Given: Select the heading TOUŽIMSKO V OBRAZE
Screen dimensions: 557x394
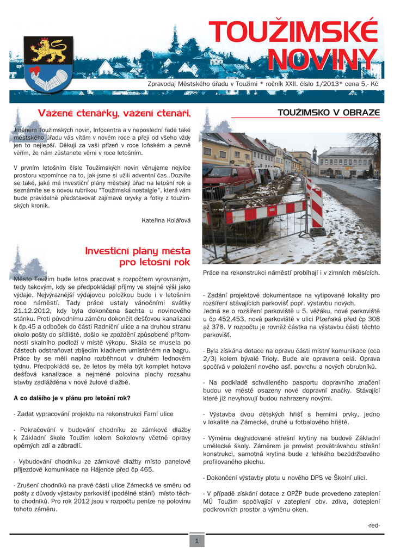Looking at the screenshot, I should point(329,113).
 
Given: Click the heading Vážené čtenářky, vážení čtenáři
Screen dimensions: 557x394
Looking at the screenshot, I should point(114,113).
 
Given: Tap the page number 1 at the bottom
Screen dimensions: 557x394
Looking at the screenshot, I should point(196,541).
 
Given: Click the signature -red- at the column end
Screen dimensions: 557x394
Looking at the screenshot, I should point(373,525).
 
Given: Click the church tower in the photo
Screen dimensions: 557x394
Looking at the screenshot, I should point(315,153).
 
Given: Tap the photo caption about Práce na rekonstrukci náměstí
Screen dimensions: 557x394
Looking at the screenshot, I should point(291,272).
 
